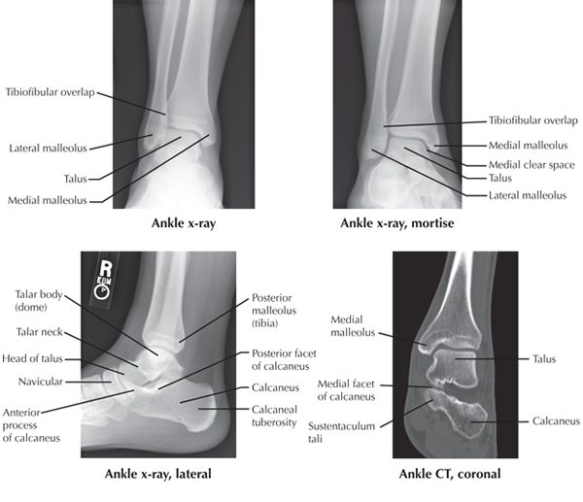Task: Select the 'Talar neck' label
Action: [39, 332]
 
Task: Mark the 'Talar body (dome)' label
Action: [43, 300]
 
